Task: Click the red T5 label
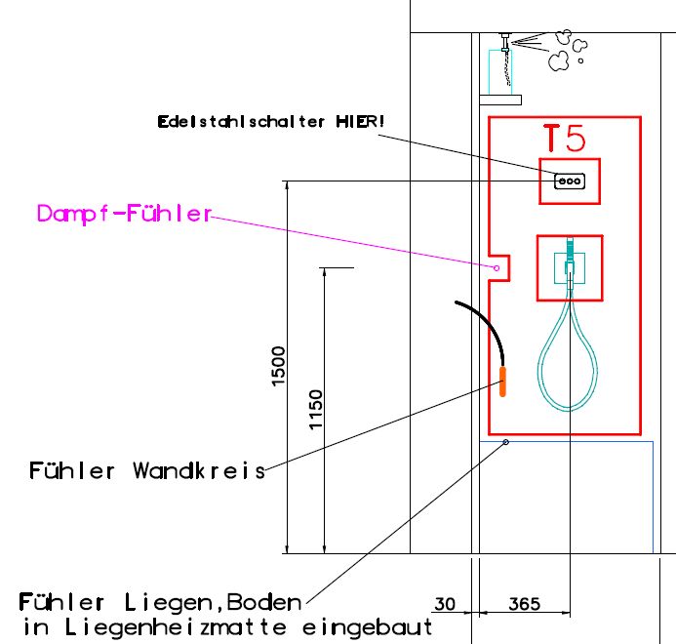565,139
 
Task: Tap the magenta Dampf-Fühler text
124,214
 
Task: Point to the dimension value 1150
316,410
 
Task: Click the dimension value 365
524,605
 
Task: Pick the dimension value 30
445,605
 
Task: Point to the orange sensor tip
503,381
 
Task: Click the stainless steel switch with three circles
570,181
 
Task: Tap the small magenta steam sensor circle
497,267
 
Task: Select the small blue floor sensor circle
505,442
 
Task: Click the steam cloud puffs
567,52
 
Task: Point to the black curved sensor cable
483,323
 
